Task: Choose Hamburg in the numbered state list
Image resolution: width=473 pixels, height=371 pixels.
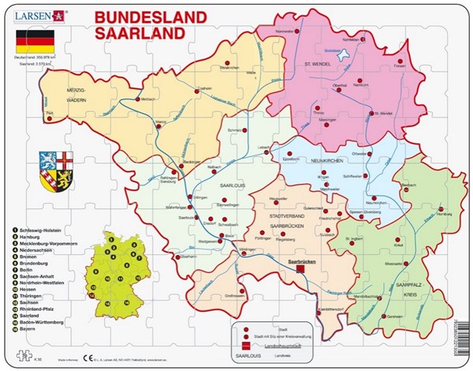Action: click(x=30, y=236)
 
